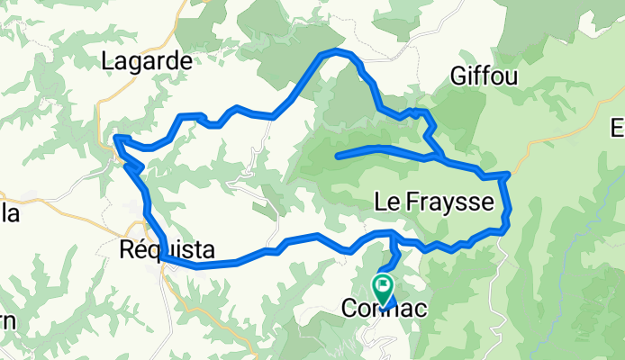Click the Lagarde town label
(148, 61)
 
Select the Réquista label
(159, 249)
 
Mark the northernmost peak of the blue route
(336, 51)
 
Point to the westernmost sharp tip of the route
(115, 138)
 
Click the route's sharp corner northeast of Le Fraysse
(510, 173)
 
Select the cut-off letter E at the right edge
(619, 129)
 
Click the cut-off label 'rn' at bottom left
(6, 321)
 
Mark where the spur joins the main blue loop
(439, 157)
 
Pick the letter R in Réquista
(127, 249)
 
